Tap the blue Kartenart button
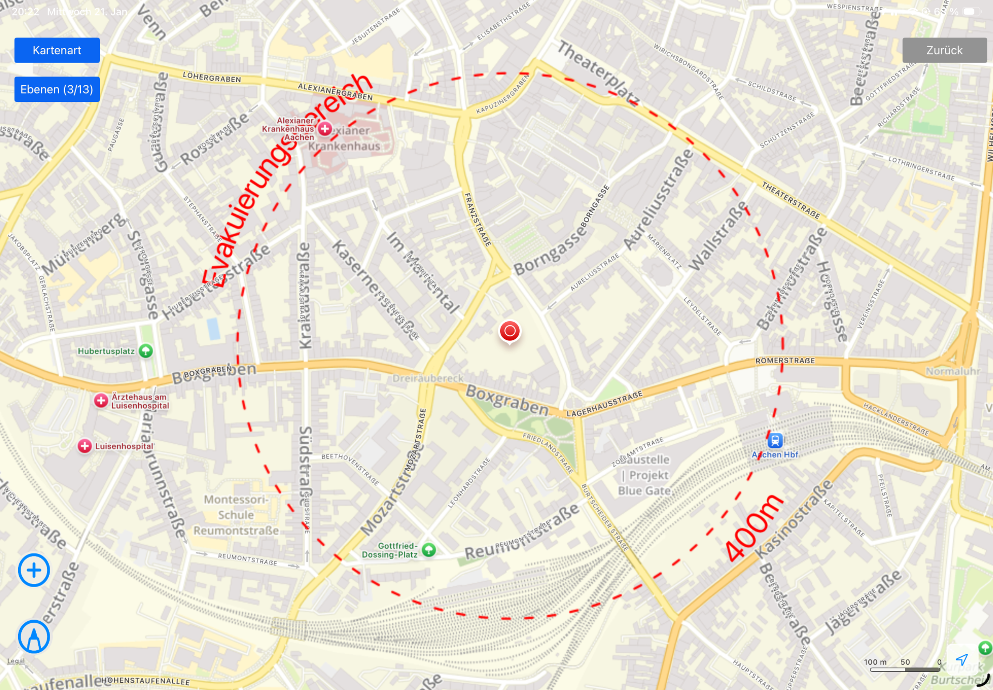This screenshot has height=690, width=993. click(x=57, y=50)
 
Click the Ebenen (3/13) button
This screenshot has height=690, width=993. click(x=57, y=89)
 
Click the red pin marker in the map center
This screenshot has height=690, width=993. click(x=509, y=331)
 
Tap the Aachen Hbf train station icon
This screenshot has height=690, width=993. click(x=775, y=440)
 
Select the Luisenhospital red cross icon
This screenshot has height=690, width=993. click(x=85, y=446)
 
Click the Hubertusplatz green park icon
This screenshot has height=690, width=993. click(x=146, y=351)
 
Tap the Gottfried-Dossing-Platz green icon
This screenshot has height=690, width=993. click(x=429, y=549)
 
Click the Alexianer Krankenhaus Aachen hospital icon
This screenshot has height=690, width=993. click(x=325, y=129)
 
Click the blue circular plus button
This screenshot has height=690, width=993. click(x=34, y=570)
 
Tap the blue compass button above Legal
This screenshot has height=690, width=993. click(x=34, y=637)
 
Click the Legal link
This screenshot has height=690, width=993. click(x=16, y=661)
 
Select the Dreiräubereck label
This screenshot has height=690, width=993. click(x=428, y=378)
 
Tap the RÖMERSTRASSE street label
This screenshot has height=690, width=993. click(x=785, y=361)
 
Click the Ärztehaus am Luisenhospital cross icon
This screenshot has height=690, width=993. click(x=101, y=400)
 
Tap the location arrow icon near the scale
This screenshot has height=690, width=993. click(x=961, y=659)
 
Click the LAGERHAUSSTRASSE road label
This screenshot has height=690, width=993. click(x=605, y=404)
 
